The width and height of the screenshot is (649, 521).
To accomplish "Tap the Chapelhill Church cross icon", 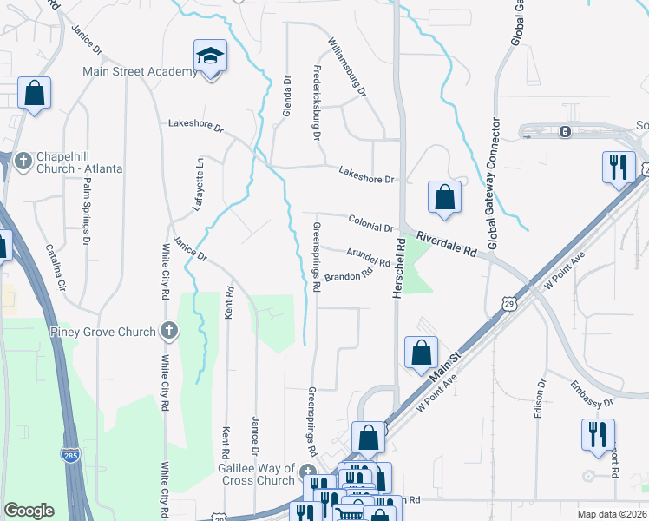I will point(23,159).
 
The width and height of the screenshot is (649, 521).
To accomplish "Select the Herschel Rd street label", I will point(400,269).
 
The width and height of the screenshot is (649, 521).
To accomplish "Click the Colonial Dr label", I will point(371,223).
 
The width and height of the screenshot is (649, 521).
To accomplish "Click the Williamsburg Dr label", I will point(348,66).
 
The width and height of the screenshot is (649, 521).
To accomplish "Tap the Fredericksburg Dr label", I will point(317,103).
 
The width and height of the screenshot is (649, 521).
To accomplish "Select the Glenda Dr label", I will point(286,96).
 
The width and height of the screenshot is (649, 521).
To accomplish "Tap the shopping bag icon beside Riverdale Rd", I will point(443,196).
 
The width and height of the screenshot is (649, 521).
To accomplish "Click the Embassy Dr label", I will point(593,392).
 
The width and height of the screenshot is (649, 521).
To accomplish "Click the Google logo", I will point(29,511).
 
